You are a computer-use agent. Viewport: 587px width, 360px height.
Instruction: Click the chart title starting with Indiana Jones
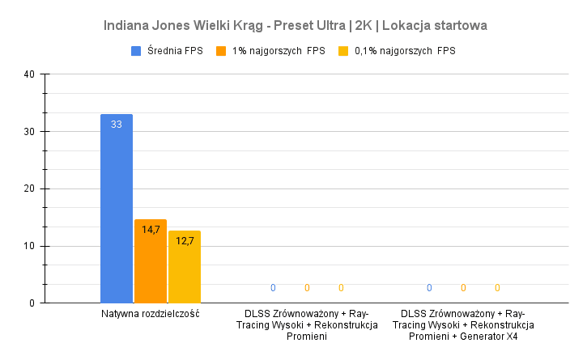click(x=295, y=25)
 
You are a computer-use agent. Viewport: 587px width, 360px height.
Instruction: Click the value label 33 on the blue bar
click(x=117, y=124)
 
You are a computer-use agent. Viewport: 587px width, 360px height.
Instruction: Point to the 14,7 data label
click(x=151, y=230)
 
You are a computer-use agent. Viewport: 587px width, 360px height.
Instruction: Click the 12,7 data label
click(x=185, y=240)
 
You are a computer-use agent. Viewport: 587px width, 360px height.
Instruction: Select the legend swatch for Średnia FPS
click(x=137, y=51)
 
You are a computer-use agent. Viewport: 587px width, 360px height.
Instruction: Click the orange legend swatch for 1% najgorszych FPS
click(x=221, y=51)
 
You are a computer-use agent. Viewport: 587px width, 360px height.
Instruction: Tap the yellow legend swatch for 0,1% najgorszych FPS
click(x=343, y=51)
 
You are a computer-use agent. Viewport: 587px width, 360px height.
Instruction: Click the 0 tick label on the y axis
click(x=32, y=303)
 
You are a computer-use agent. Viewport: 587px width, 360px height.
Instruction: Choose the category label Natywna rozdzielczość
click(x=151, y=314)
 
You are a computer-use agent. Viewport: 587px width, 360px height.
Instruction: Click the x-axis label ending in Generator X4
click(x=463, y=324)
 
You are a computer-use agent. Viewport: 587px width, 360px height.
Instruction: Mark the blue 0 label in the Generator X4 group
click(x=429, y=288)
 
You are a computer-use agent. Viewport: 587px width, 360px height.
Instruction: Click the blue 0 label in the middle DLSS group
click(x=273, y=288)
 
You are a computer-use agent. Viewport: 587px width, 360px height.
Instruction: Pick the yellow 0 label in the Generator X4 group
click(x=497, y=288)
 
